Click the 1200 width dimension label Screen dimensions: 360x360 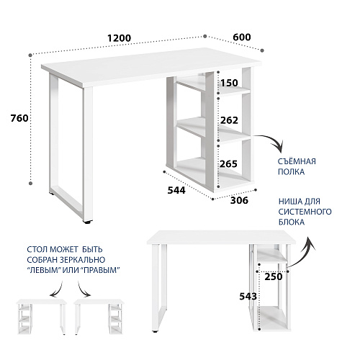[119, 38]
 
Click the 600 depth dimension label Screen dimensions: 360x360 [242, 37]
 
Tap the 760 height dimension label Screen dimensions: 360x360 [19, 118]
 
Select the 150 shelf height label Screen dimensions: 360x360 [229, 83]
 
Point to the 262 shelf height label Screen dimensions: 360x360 [229, 120]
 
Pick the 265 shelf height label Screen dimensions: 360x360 [228, 164]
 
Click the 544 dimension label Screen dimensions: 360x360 [176, 190]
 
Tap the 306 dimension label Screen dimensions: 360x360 [239, 200]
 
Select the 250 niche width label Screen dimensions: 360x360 [274, 276]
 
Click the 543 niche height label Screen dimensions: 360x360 [248, 297]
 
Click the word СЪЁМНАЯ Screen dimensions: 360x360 [297, 161]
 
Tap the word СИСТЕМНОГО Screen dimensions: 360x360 [305, 212]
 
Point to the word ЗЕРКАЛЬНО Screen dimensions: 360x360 [83, 260]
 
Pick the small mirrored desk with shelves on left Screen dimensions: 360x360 [42, 317]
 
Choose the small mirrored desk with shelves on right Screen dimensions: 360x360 [99, 317]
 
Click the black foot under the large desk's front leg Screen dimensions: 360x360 [88, 222]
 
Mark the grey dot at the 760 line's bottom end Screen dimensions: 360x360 [30, 183]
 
